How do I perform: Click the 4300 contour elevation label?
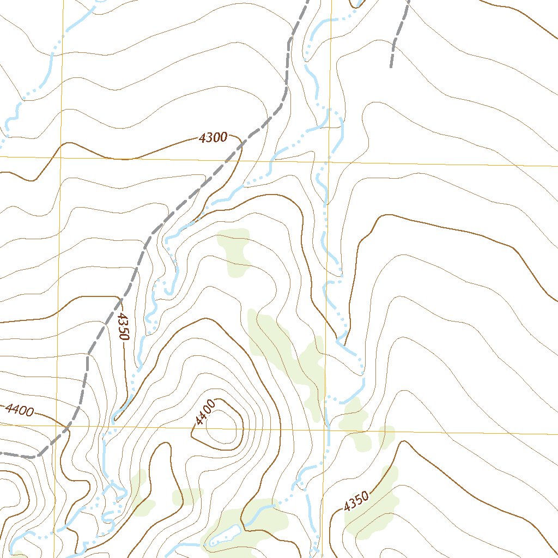click(x=213, y=138)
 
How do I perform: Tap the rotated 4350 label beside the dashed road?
click(x=123, y=326)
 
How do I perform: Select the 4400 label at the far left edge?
click(x=19, y=410)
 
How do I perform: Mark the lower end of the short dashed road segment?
click(x=391, y=66)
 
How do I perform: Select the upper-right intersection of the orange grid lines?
click(x=329, y=162)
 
